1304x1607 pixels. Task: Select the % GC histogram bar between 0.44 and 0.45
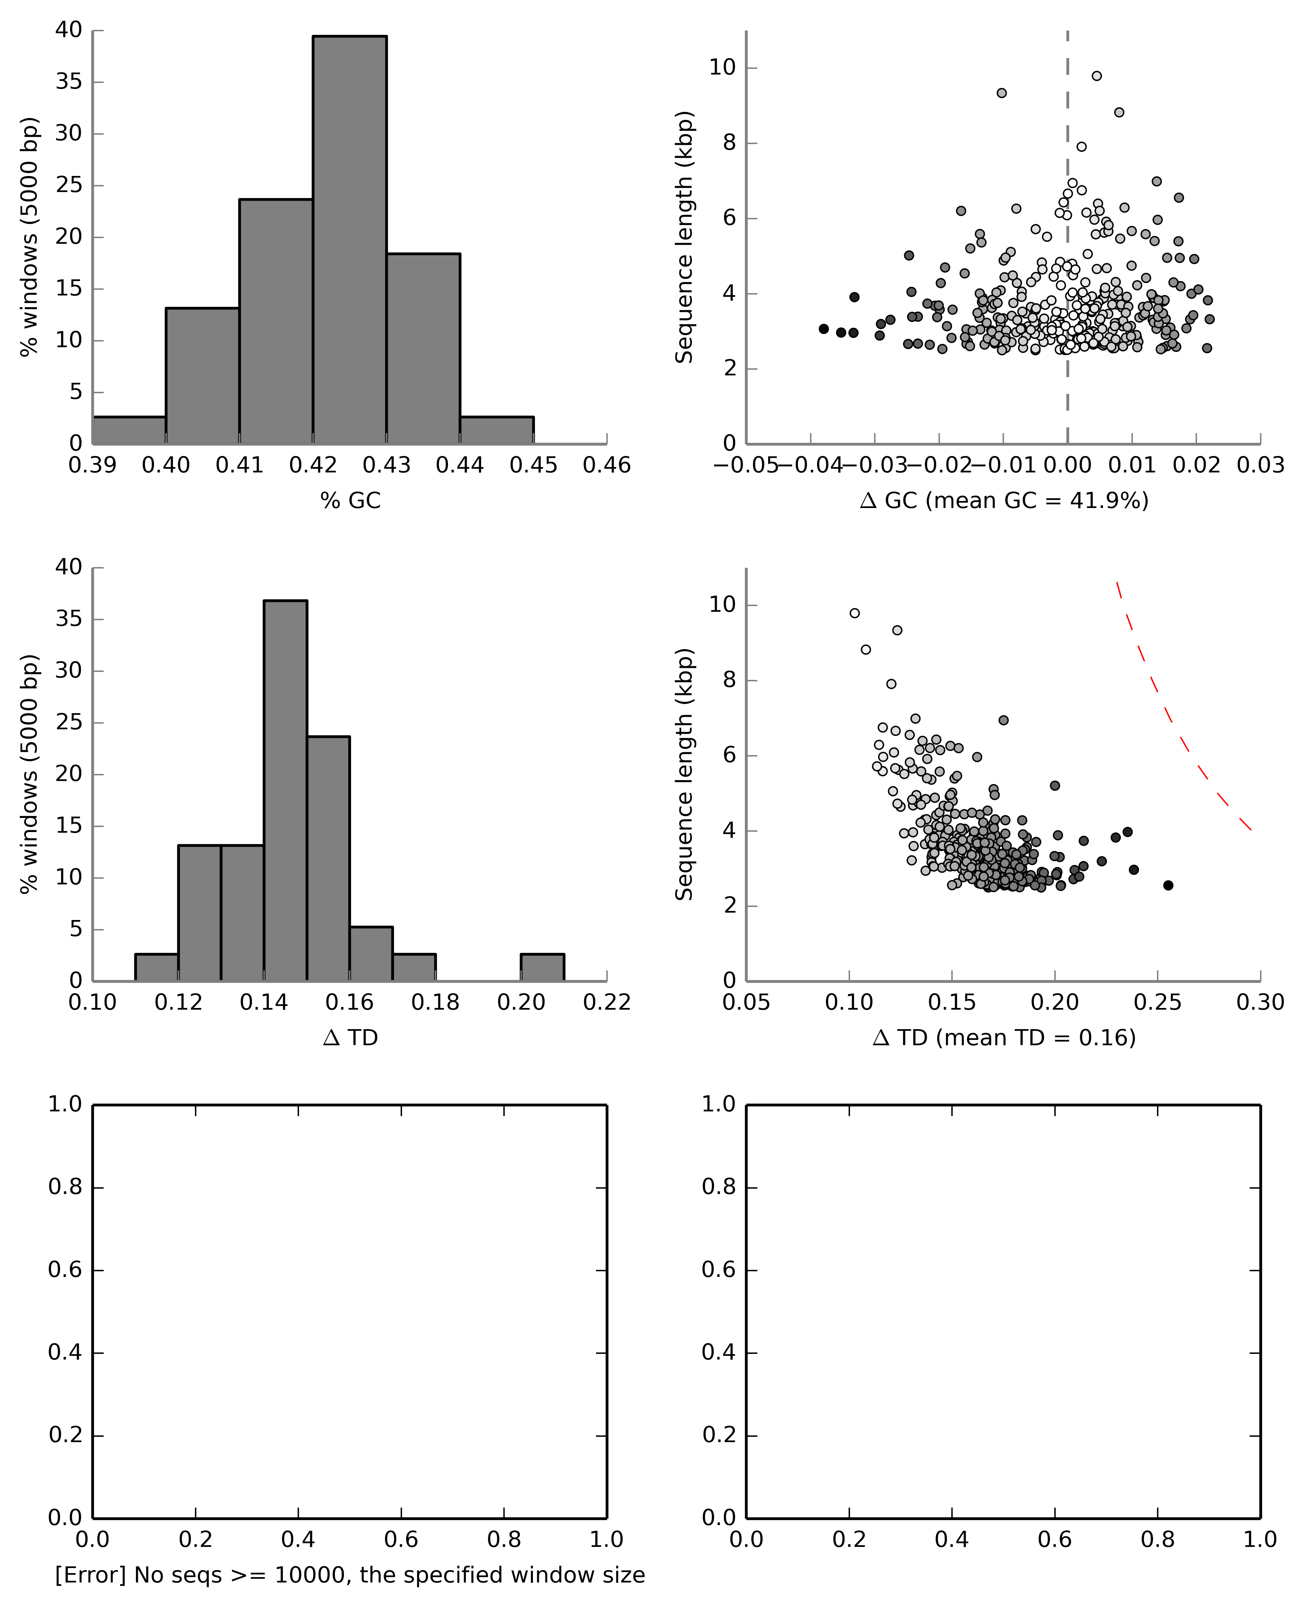497,430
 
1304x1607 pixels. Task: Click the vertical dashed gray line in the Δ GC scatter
1067,226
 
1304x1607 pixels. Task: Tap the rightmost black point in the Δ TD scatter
1168,885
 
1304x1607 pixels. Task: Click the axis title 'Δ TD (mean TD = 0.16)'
1004,1038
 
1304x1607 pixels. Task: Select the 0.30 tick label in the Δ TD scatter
1260,1003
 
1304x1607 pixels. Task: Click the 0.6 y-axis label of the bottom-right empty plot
719,1270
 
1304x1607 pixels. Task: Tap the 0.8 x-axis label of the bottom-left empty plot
503,1540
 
